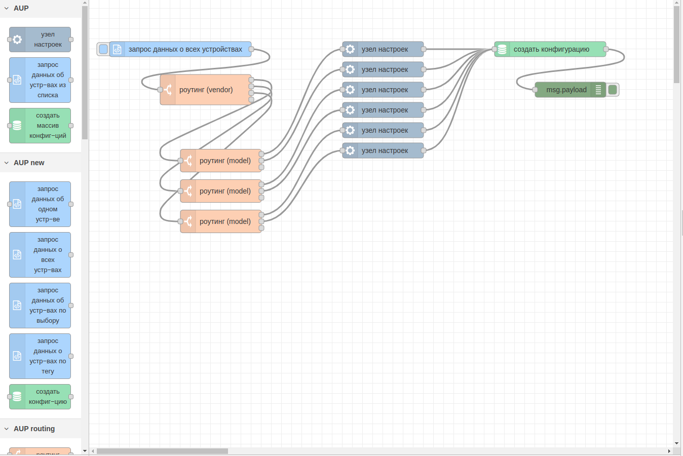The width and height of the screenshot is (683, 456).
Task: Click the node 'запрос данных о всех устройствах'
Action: pyautogui.click(x=185, y=49)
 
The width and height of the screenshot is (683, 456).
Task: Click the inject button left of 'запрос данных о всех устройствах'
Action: pyautogui.click(x=103, y=49)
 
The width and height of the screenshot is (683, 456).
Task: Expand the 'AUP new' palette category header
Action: pyautogui.click(x=29, y=163)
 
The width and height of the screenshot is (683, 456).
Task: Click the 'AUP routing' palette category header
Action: pyautogui.click(x=34, y=429)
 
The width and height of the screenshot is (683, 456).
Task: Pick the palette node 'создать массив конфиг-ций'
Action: pyautogui.click(x=48, y=126)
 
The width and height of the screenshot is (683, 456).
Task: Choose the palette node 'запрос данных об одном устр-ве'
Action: pyautogui.click(x=48, y=204)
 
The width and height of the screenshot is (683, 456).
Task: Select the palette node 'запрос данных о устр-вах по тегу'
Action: pyautogui.click(x=48, y=356)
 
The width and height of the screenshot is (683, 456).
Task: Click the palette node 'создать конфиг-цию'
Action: pyautogui.click(x=48, y=397)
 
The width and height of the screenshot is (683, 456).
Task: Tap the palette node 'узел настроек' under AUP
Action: pyautogui.click(x=48, y=40)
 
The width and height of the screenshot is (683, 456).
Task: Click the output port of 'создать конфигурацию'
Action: pyautogui.click(x=606, y=49)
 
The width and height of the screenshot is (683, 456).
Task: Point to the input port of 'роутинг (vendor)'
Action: pyautogui.click(x=160, y=90)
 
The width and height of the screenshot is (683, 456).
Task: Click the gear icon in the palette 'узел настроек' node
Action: pyautogui.click(x=17, y=40)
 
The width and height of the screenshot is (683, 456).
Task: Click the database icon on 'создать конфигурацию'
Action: pyautogui.click(x=502, y=49)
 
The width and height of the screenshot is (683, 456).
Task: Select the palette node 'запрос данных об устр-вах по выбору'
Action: pyautogui.click(x=48, y=306)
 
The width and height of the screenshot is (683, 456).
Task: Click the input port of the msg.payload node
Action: pyautogui.click(x=535, y=90)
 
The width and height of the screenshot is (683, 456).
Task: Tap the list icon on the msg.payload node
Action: pyautogui.click(x=598, y=90)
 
